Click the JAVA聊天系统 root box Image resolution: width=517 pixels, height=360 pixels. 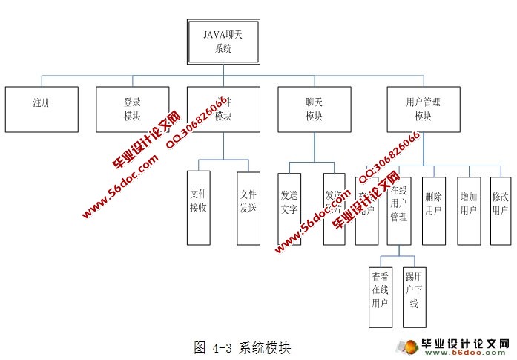coord(223,41)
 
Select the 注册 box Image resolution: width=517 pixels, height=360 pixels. coord(42,109)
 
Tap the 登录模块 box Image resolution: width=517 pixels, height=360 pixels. coord(133,109)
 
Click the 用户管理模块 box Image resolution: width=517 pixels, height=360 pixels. coord(423,109)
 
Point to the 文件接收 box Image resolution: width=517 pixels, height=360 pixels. coord(197,208)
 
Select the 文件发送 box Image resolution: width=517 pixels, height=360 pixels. coord(248,208)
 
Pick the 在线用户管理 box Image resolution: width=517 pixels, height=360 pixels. coord(399,210)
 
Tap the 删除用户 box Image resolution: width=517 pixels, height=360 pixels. coord(434,210)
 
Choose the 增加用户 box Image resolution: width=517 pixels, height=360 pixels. coord(468,210)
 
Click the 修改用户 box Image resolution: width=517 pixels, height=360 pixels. coord(501,210)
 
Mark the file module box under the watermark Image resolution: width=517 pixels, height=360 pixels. coord(223,109)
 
